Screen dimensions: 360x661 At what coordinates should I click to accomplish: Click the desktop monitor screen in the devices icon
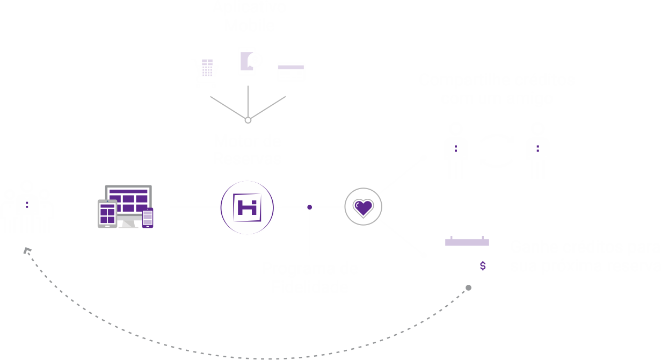pos(128,199)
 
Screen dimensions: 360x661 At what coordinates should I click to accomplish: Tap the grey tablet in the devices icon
pos(107,213)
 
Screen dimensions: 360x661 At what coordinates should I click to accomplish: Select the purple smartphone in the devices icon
pos(148,218)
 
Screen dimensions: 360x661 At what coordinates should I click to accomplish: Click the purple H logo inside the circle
pos(247,207)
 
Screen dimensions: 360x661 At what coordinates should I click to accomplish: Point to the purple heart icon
pos(364,207)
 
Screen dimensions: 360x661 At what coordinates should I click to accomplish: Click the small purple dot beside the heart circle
pos(310,207)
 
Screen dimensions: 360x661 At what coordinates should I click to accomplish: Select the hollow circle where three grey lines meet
pos(248,120)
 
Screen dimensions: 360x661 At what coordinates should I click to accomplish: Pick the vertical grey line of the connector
pos(248,101)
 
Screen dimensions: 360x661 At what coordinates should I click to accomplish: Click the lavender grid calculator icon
pos(207,68)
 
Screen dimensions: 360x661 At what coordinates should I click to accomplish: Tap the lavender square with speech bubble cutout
pos(246,61)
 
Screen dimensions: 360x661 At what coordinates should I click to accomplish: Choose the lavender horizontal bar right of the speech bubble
pos(291,67)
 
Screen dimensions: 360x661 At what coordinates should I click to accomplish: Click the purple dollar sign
pos(483,266)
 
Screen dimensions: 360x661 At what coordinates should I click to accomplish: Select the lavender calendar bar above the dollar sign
pos(467,242)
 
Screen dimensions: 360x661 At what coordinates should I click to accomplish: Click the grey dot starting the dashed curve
pos(468,288)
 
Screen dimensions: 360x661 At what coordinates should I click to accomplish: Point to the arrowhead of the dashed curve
pos(27,250)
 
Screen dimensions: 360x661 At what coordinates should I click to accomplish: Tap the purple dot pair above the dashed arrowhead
pos(27,205)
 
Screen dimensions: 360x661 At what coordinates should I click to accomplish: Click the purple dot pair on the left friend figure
pos(456,148)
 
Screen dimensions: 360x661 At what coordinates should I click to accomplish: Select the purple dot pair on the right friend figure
pos(537,148)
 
